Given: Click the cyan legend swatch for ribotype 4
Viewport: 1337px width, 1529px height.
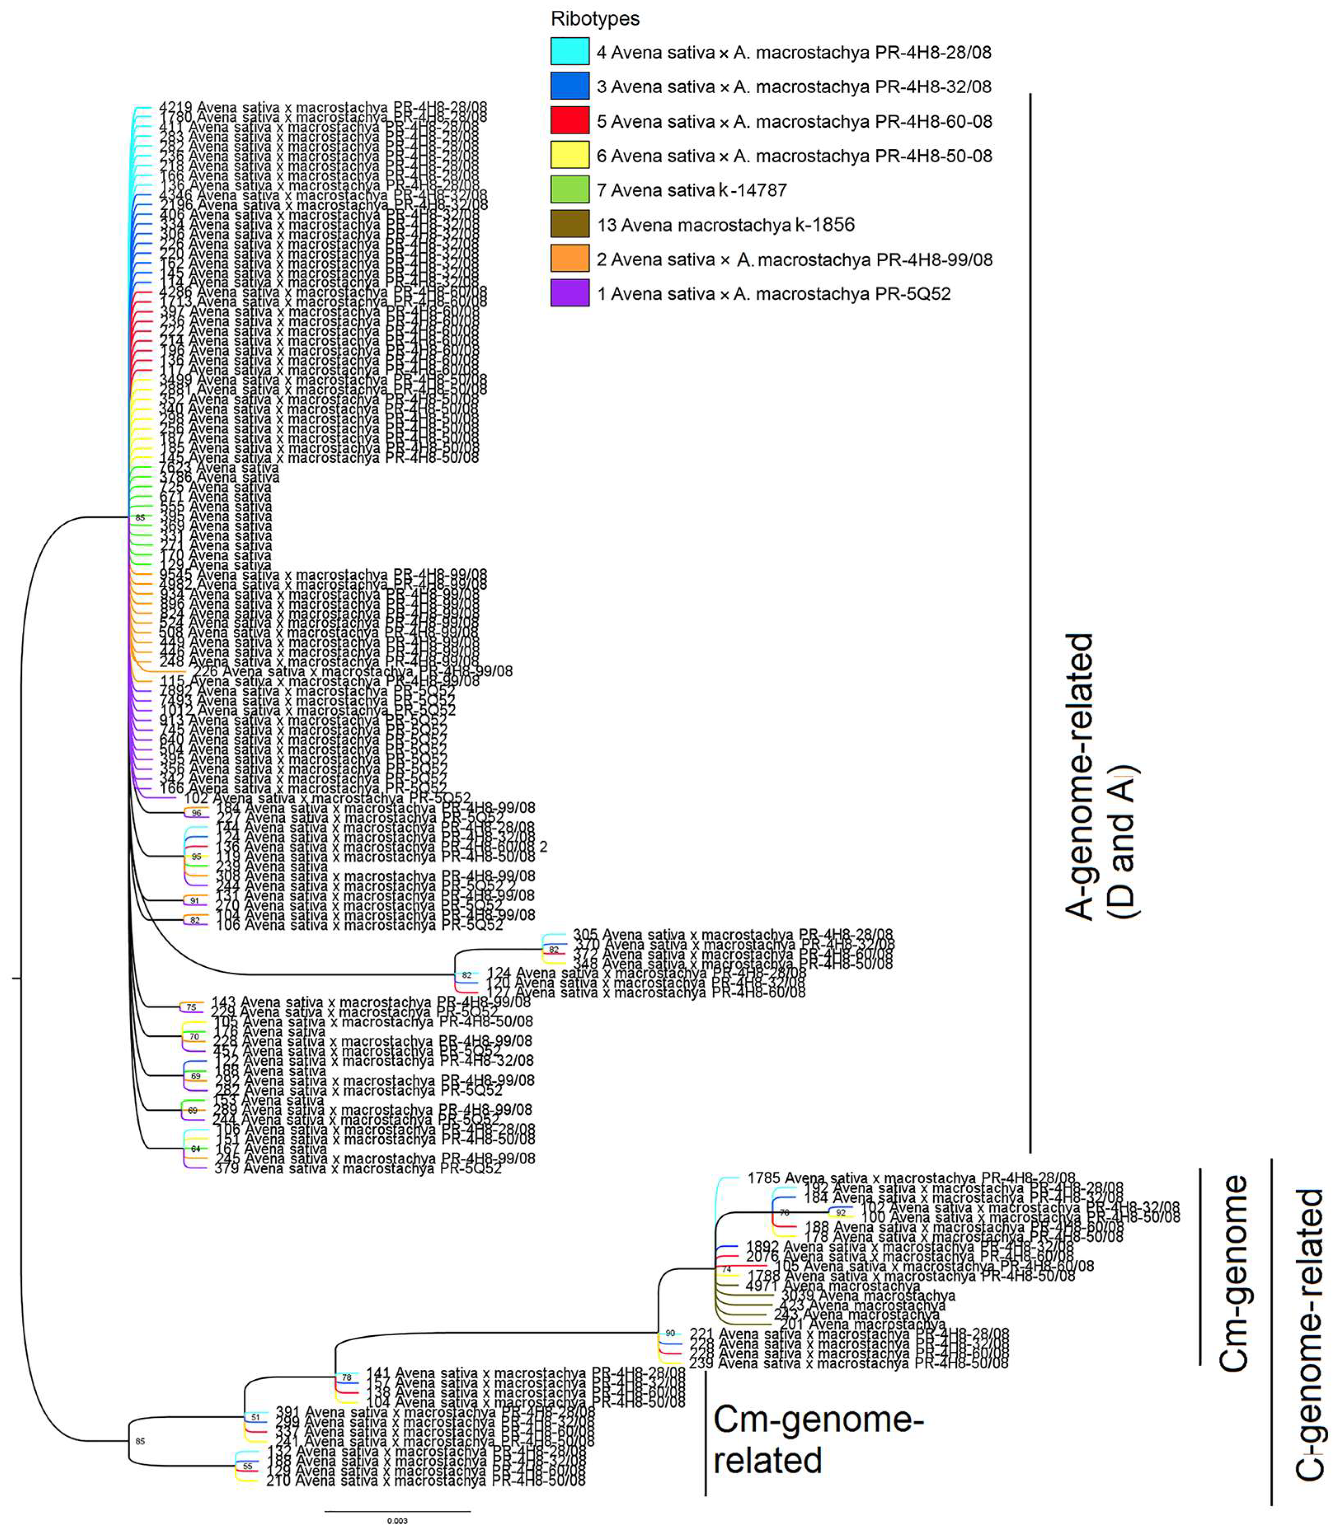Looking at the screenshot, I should tap(570, 52).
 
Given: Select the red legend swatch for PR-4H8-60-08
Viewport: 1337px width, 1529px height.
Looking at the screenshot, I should tap(570, 121).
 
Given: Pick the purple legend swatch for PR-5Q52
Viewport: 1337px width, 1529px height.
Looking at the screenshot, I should tap(570, 293).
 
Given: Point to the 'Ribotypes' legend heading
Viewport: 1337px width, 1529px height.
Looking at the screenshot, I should tap(594, 19).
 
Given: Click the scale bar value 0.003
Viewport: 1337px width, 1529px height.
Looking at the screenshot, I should tap(397, 1520).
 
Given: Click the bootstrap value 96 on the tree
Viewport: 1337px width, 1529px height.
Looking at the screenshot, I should tap(196, 813).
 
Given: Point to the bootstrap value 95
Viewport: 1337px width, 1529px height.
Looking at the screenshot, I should tap(196, 857).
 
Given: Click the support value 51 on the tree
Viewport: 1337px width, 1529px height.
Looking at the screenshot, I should tap(255, 1417).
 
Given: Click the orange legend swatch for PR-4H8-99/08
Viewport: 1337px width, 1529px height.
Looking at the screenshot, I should tap(570, 259).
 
